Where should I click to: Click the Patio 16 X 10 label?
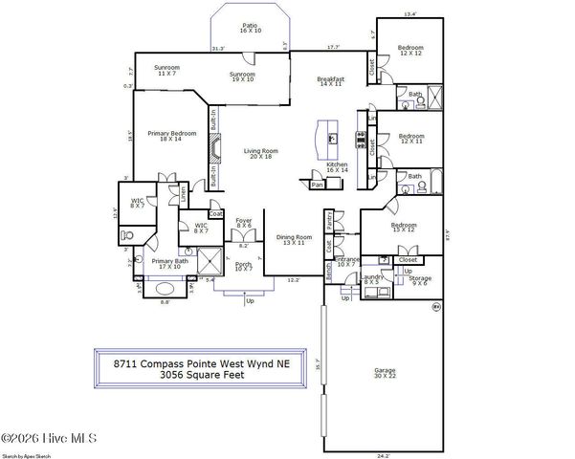(x=251, y=29)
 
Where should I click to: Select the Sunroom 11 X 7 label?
(x=168, y=72)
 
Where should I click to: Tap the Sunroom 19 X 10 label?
(x=242, y=77)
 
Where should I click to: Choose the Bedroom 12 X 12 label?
(x=410, y=50)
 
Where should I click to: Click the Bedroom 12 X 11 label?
(x=411, y=139)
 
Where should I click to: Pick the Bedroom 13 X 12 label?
(x=403, y=228)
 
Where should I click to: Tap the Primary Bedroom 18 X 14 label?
(x=171, y=136)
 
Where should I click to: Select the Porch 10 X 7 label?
(x=245, y=266)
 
